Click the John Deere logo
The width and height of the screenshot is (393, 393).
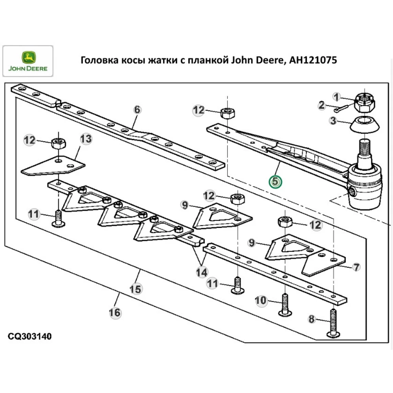tap(28, 61)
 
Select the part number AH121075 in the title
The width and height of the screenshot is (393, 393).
tap(312, 60)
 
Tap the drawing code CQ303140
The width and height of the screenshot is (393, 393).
tap(29, 337)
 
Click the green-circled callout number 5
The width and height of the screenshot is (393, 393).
tap(275, 182)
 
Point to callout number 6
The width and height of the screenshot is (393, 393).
tap(137, 110)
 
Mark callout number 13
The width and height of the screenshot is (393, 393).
tap(86, 138)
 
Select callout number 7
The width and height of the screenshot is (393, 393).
tap(356, 268)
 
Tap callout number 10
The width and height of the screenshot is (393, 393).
tap(261, 301)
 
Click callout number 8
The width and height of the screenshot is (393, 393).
tap(312, 319)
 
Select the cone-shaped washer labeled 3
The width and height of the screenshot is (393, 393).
tap(366, 125)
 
